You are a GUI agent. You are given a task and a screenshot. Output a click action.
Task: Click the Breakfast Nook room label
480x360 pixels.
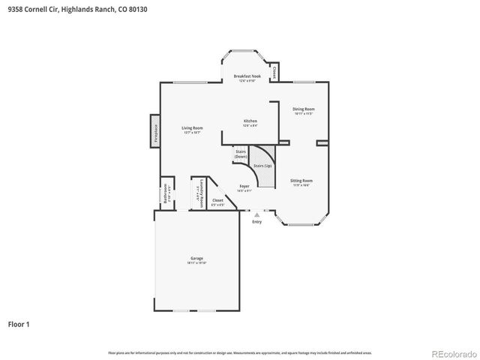point(247,76)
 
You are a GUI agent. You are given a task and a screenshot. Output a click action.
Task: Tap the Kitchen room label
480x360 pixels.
point(250,121)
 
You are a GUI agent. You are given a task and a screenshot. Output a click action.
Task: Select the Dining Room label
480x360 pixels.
point(303,109)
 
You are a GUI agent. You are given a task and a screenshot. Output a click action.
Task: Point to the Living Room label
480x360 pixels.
point(193,128)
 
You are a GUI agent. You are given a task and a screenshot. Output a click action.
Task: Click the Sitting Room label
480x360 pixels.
point(302,181)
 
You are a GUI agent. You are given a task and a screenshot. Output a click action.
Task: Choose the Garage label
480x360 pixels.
point(196,259)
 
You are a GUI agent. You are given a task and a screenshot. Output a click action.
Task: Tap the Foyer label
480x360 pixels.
point(244,186)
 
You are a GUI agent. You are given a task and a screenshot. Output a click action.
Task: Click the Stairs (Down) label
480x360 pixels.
point(241,154)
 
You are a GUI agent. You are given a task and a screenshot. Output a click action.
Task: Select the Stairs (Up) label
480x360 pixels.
point(262,165)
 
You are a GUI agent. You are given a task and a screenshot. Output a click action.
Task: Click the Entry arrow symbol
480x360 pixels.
point(257,215)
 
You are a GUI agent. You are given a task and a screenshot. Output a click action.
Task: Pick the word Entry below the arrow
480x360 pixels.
point(257,222)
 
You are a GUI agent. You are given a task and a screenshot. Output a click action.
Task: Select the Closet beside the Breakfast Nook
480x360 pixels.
point(274,72)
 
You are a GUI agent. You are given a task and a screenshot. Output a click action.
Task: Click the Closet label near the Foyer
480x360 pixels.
point(217,200)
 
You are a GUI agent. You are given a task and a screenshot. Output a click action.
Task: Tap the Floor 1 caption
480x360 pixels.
point(19,325)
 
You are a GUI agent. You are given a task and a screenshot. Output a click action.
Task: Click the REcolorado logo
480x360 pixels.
point(452,352)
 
